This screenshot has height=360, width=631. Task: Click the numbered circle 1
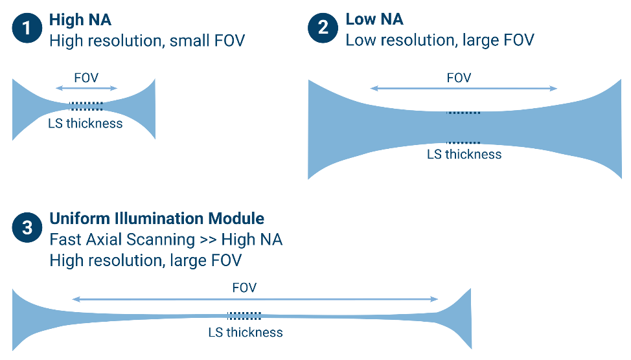click(x=27, y=29)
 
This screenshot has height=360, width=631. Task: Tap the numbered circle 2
click(x=323, y=29)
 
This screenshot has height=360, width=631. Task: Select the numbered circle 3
click(x=27, y=228)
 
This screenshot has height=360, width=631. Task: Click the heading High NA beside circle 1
click(x=80, y=20)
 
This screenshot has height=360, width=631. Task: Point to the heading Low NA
click(x=374, y=20)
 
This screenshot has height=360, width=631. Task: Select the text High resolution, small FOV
click(x=147, y=41)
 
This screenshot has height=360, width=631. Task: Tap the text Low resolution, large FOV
click(x=440, y=41)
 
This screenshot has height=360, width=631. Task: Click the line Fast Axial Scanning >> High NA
click(x=166, y=240)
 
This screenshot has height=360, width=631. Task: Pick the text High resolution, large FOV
click(x=146, y=260)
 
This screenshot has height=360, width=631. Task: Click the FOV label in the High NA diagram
click(x=86, y=78)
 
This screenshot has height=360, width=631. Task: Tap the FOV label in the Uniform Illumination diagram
click(x=244, y=288)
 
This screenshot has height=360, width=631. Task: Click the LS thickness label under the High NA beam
click(x=86, y=123)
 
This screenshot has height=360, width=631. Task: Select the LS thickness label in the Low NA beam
click(x=464, y=154)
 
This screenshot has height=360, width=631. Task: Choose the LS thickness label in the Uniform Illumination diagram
click(x=245, y=332)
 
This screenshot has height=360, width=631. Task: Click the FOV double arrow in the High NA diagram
click(x=86, y=89)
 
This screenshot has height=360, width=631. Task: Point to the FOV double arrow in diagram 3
click(x=255, y=299)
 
